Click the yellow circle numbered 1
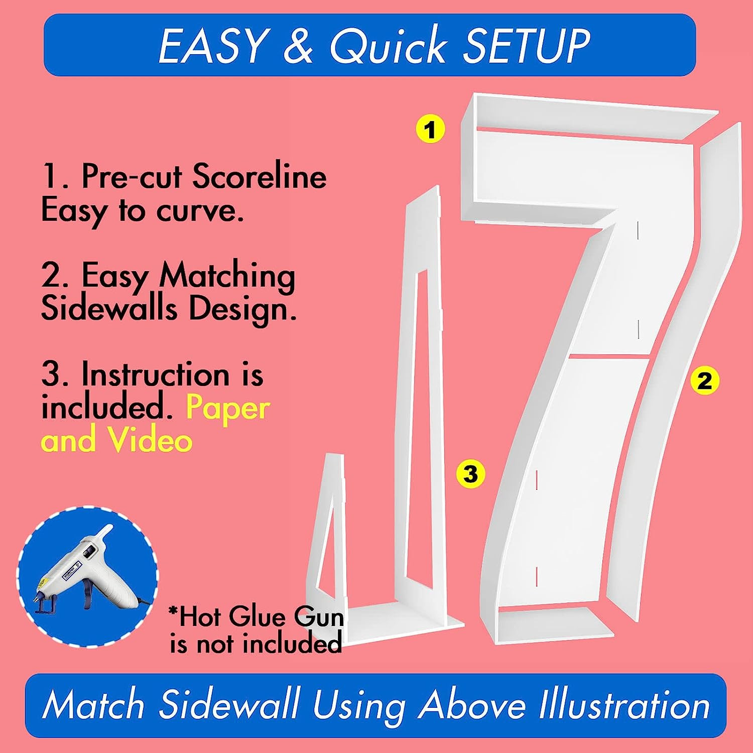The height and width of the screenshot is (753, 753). click(x=430, y=130)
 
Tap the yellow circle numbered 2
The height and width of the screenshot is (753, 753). click(x=705, y=381)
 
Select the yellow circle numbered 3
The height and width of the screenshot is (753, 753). click(x=470, y=473)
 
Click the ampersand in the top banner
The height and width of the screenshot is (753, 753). click(x=298, y=46)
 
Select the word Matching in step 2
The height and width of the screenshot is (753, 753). click(x=227, y=277)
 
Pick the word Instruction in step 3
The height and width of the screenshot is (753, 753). click(x=156, y=374)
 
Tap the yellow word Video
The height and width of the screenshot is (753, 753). click(x=151, y=440)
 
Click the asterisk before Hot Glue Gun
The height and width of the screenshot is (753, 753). click(x=174, y=611)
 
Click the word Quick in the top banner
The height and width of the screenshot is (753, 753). click(x=388, y=46)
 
